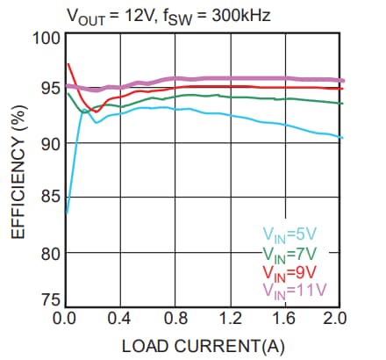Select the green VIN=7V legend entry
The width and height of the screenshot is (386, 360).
pyautogui.click(x=289, y=254)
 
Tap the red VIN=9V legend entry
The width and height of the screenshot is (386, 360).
pyautogui.click(x=289, y=272)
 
